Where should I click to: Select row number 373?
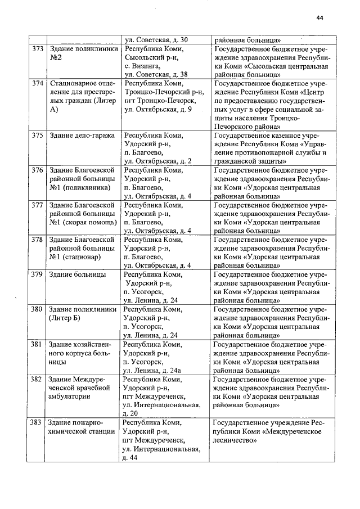[38, 49]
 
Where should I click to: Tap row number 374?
[38, 84]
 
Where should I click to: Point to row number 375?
[38, 136]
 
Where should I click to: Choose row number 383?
[38, 422]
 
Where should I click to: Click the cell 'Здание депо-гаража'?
[82, 136]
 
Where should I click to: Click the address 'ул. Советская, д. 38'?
[156, 74]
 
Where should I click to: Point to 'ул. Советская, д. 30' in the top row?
[156, 40]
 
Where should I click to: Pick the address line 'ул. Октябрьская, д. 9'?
[157, 109]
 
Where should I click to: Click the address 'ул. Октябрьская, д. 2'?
[157, 161]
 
